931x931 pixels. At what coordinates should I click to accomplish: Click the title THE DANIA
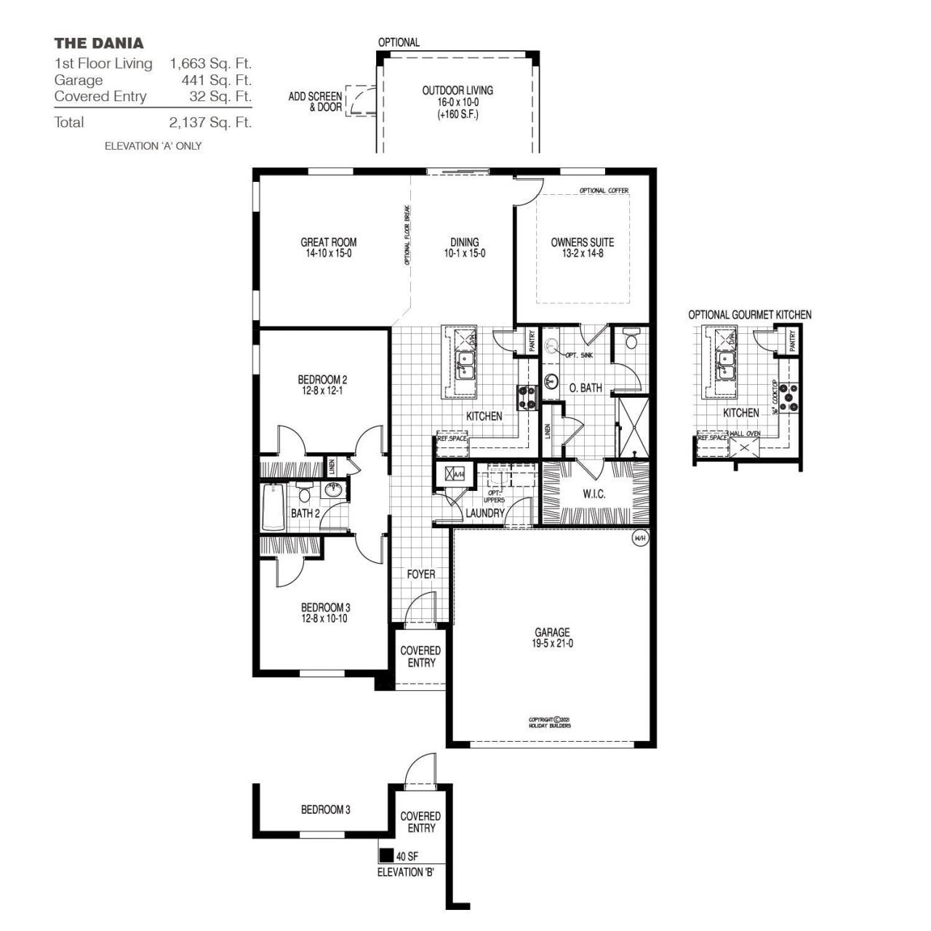click(x=98, y=43)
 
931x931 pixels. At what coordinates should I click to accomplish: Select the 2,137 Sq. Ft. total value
click(x=210, y=122)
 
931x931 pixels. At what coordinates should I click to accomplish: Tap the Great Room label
click(x=329, y=242)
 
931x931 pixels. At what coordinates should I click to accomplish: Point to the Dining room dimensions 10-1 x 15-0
click(x=464, y=254)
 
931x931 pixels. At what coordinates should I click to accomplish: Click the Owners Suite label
click(x=582, y=242)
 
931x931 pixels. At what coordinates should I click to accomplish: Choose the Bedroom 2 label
click(x=322, y=380)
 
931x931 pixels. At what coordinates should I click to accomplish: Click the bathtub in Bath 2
click(x=274, y=507)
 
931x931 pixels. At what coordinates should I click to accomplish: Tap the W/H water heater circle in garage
click(x=640, y=538)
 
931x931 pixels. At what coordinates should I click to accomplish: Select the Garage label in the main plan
click(x=552, y=632)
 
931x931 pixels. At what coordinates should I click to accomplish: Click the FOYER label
click(x=420, y=575)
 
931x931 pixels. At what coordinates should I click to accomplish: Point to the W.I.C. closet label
click(x=594, y=495)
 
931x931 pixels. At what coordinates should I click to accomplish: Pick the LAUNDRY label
click(x=485, y=514)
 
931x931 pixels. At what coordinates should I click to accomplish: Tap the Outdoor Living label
click(x=457, y=91)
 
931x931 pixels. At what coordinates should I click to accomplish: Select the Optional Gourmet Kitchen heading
click(x=750, y=315)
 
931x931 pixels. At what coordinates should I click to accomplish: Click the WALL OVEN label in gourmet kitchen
click(x=745, y=433)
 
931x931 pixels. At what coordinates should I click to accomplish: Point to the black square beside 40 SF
click(x=386, y=855)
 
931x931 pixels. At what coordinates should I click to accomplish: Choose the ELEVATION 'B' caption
click(x=406, y=872)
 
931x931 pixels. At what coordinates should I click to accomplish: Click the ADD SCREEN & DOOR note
click(x=315, y=102)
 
